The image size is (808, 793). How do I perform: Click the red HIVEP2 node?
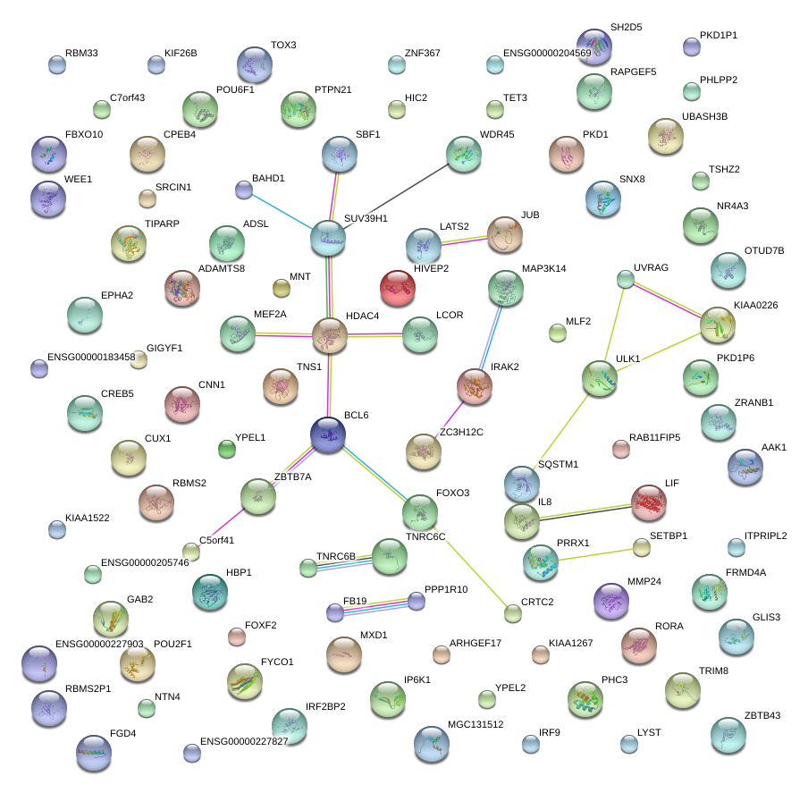tap(398, 288)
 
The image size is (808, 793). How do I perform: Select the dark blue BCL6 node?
tap(328, 434)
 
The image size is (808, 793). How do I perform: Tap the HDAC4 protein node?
tap(330, 335)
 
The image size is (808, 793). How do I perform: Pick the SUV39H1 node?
tap(328, 237)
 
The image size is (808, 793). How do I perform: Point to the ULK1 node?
tap(599, 378)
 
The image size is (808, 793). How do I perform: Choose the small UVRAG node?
tap(626, 280)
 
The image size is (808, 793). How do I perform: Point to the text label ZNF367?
tap(422, 54)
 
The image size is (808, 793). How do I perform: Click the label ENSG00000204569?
tap(547, 54)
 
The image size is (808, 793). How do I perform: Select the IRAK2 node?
tap(475, 385)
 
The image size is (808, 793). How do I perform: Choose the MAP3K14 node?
tap(506, 288)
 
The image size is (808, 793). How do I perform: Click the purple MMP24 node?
tap(610, 600)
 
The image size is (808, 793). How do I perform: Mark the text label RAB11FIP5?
tap(654, 437)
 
